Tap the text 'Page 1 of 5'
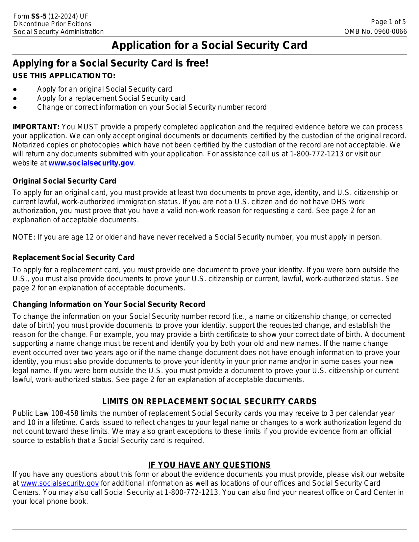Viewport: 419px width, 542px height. [x=388, y=22]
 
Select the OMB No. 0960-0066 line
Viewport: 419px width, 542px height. [x=375, y=32]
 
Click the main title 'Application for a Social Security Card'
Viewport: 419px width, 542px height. [x=209, y=45]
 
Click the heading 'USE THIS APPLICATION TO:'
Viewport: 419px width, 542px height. [x=64, y=76]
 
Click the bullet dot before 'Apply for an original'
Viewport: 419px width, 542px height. [x=15, y=89]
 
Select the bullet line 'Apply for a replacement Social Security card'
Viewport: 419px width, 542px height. [x=111, y=98]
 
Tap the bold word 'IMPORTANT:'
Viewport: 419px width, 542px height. [x=36, y=127]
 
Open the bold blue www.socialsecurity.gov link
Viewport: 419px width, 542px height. [x=91, y=163]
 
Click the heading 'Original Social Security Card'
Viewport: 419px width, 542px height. [x=64, y=181]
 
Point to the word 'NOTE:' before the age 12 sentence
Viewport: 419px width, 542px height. [x=24, y=237]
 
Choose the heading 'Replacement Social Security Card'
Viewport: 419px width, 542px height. [x=74, y=258]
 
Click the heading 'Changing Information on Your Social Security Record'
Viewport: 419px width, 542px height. [x=109, y=304]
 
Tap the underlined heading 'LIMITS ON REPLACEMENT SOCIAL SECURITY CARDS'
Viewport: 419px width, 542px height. [x=209, y=401]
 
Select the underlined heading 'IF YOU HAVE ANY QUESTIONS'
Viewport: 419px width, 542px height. [x=209, y=465]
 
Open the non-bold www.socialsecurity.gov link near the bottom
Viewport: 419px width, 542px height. [x=60, y=483]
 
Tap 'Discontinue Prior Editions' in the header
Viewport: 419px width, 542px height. [x=52, y=24]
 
